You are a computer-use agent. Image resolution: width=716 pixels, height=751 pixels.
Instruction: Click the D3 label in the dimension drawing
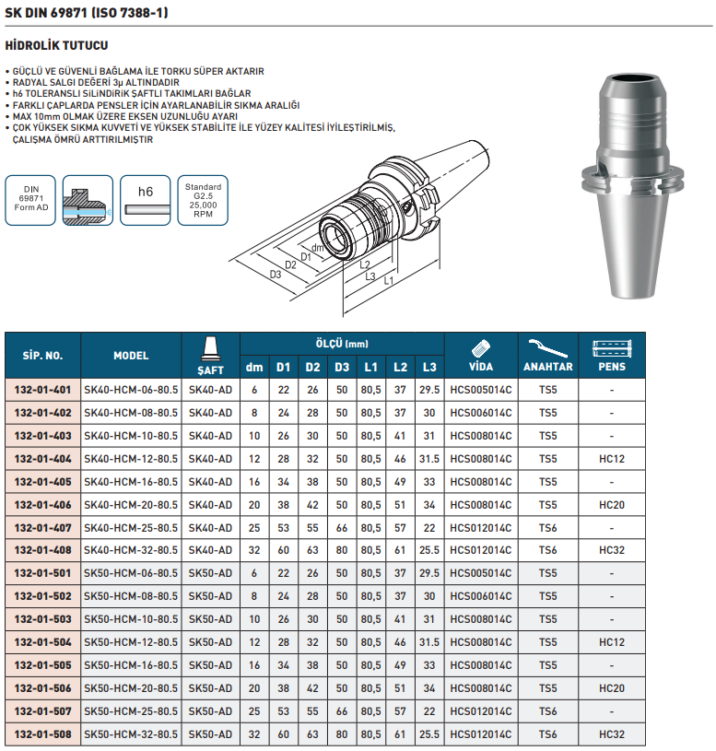pos(276,275)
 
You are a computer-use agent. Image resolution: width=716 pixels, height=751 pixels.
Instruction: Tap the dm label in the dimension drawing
pos(316,249)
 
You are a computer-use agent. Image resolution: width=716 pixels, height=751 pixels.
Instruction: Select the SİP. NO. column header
pos(42,355)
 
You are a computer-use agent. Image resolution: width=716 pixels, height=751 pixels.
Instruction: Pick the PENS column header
pos(612,366)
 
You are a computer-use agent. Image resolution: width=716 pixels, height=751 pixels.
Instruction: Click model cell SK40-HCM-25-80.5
pos(131,527)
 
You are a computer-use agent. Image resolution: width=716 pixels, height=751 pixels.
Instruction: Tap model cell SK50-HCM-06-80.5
pos(131,573)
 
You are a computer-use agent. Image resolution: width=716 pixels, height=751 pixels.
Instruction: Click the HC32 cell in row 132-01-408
pos(612,550)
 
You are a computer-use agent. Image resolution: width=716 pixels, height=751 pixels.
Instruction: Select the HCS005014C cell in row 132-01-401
pos(481,390)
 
